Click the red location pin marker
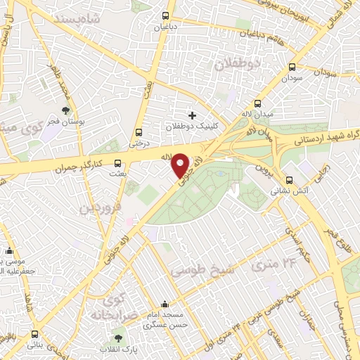point(181,165)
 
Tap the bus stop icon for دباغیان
point(166,15)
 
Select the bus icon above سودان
point(292,67)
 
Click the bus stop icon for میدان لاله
point(257,103)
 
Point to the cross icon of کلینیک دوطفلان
point(192,115)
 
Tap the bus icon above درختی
point(139,131)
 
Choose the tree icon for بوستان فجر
point(66,110)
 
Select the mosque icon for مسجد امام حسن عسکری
point(165,304)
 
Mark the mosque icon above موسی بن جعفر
point(10,251)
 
